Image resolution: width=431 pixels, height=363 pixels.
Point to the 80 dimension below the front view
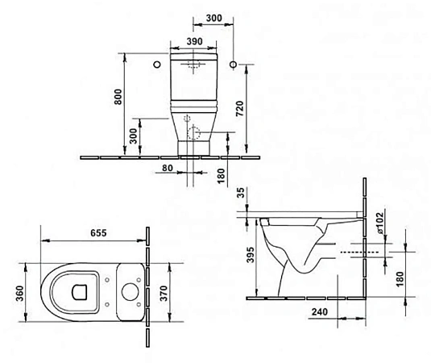coord(166,167)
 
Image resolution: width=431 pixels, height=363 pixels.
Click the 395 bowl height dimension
coord(251,257)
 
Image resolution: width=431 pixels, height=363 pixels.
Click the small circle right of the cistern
coord(233,63)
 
